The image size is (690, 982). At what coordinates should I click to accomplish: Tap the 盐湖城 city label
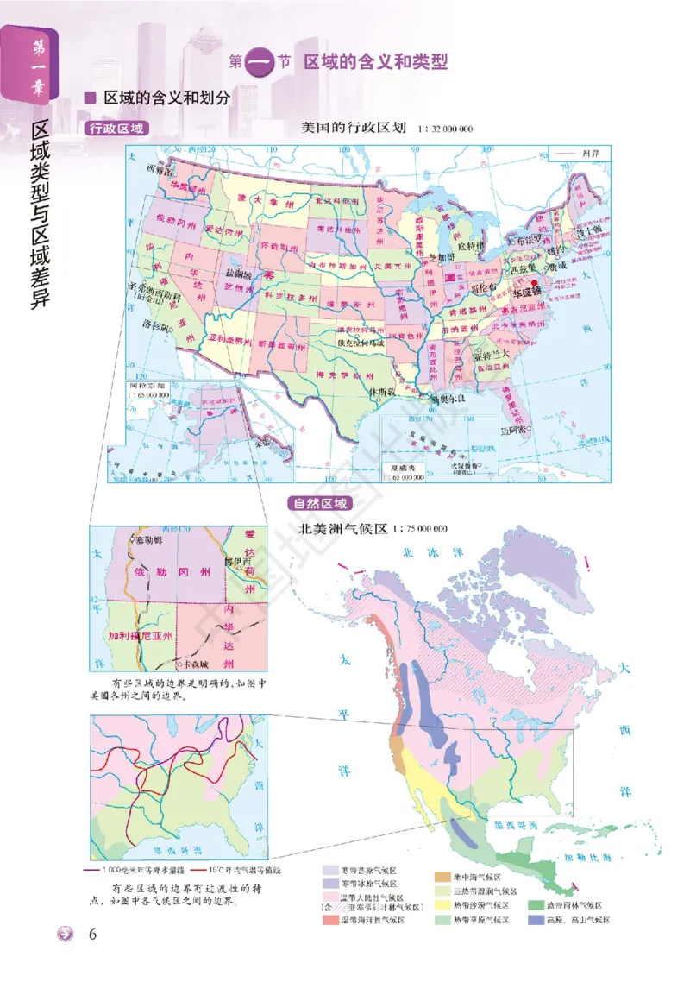[239, 273]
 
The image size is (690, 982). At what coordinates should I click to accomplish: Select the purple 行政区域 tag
[117, 128]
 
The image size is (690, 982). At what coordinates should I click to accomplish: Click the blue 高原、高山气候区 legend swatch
[535, 920]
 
